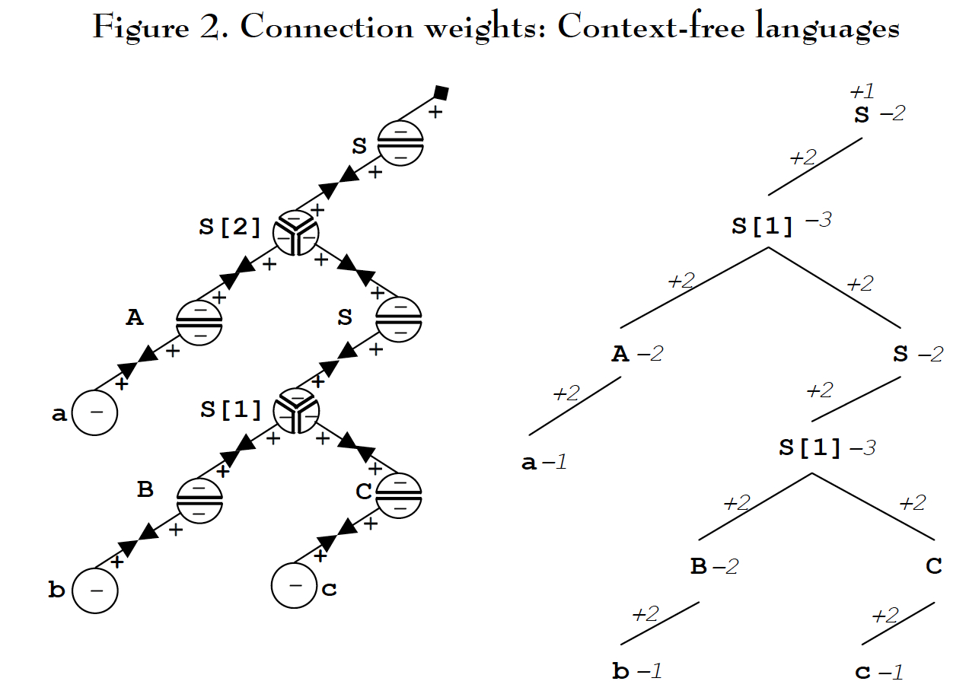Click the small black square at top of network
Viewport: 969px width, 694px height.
tap(440, 94)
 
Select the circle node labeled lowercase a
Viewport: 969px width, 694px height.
tap(95, 413)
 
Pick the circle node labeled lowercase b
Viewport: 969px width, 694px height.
tap(95, 590)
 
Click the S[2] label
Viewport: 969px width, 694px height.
tap(230, 227)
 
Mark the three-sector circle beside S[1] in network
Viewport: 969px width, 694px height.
tap(297, 411)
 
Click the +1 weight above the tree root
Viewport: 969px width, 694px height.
tap(862, 91)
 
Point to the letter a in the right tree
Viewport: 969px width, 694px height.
tap(529, 463)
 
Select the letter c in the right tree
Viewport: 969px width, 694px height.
tap(863, 672)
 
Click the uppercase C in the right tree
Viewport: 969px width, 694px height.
tap(934, 566)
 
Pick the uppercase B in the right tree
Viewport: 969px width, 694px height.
tap(698, 566)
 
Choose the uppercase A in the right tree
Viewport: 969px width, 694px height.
tap(620, 354)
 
